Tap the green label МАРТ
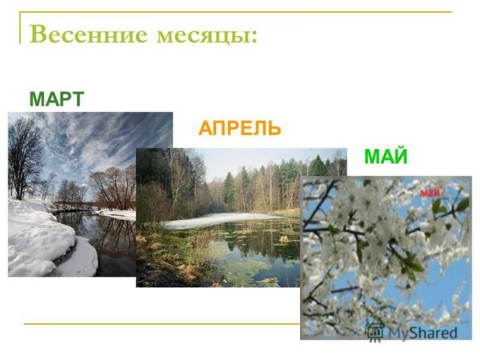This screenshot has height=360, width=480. [56, 100]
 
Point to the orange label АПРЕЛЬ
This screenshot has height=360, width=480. [240, 129]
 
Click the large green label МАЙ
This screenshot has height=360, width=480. [386, 158]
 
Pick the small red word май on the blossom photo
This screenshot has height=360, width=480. [431, 192]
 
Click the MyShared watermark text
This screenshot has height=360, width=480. [422, 332]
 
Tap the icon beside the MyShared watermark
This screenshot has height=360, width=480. [374, 331]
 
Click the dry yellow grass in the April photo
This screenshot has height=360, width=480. [160, 256]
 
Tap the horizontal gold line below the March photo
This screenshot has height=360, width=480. [160, 324]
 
